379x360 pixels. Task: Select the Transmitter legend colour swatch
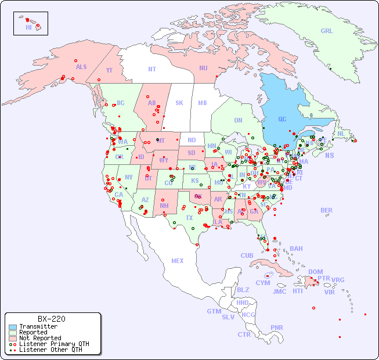pos(12,327)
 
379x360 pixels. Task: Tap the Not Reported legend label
pos(40,338)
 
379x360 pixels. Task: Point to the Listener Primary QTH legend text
pos(54,344)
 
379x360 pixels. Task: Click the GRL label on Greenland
pos(327,31)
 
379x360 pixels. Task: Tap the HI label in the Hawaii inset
pos(28,27)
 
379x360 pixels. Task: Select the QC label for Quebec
pos(282,119)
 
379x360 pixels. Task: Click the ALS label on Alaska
pos(81,67)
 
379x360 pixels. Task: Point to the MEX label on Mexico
pos(178,261)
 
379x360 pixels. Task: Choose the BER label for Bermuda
pos(327,210)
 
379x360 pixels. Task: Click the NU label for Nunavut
pos(203,68)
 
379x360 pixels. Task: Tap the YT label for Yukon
pos(109,70)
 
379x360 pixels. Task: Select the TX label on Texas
pos(189,218)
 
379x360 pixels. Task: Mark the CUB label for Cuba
pos(247,255)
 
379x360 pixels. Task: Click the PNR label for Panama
pos(277,327)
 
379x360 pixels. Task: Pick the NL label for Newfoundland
pos(341,133)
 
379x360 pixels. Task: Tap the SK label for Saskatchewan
pos(179,103)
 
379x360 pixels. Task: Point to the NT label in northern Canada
pos(152,69)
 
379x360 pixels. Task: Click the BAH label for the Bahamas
pos(296,249)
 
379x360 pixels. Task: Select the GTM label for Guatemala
pos(214,311)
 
